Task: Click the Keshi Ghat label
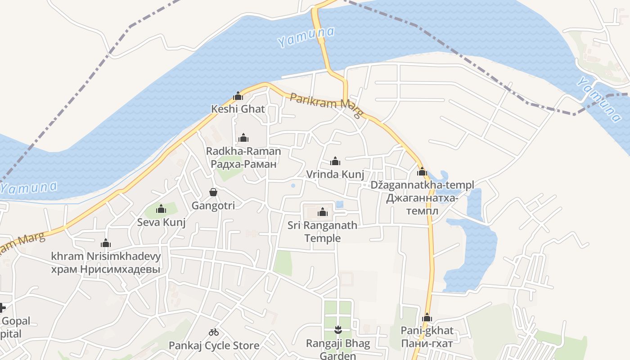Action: [x=238, y=109]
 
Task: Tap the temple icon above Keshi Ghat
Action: [x=238, y=96]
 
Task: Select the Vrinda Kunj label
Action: [x=335, y=174]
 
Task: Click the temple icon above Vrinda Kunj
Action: [x=335, y=161]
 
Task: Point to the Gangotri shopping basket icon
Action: [x=213, y=192]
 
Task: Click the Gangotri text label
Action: [x=213, y=206]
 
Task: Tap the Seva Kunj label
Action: [x=162, y=222]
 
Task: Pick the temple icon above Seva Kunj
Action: [x=161, y=209]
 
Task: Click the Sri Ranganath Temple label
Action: [x=323, y=231]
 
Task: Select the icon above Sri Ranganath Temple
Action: [x=323, y=212]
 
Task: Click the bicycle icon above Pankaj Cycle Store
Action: [x=214, y=333]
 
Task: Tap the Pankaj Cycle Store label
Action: [x=214, y=346]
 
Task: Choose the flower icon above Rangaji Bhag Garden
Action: [x=338, y=330]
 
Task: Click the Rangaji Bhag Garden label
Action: [x=338, y=349]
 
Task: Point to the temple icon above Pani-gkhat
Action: [x=427, y=318]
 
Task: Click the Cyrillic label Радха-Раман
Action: [x=243, y=164]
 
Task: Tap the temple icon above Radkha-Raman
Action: [x=243, y=138]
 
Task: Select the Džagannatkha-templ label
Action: [x=422, y=185]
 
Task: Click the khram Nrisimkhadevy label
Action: [x=106, y=256]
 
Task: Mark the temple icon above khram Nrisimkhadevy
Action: [x=106, y=243]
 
